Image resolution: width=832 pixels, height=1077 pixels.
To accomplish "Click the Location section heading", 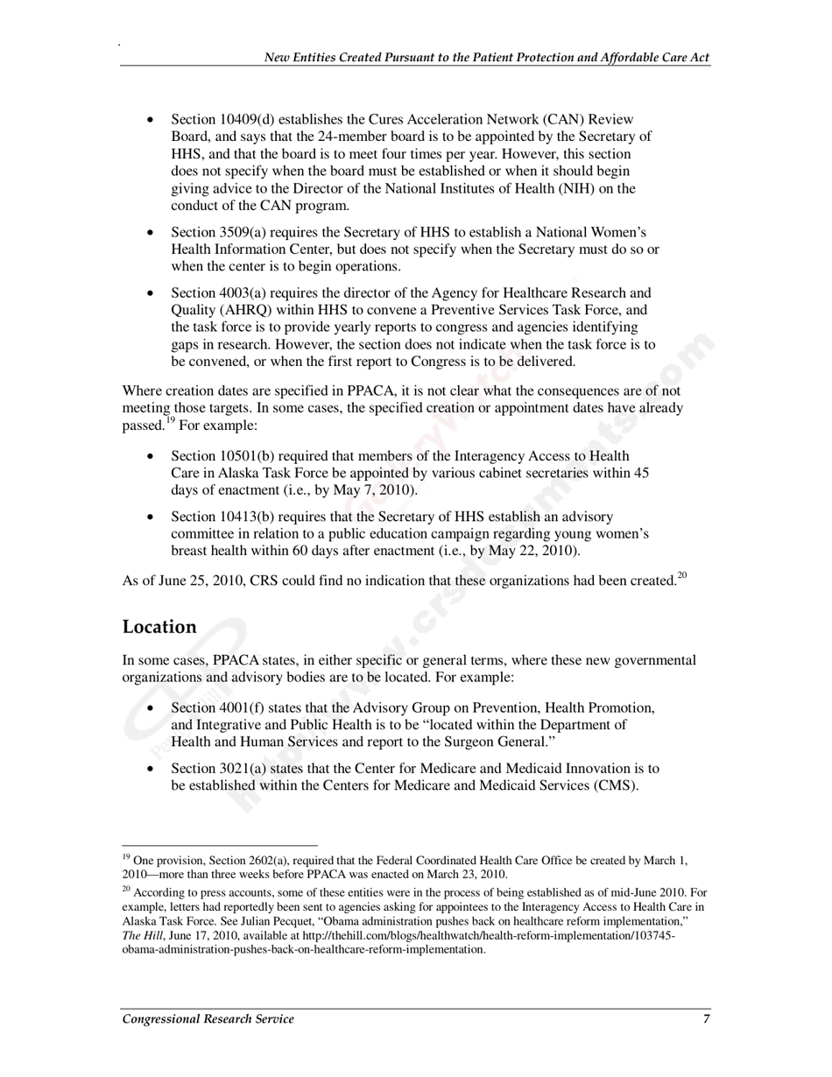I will point(159,627).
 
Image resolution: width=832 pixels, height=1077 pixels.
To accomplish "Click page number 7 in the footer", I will point(706,1018).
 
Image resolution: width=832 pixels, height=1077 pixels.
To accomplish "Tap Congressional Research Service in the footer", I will point(208,1018).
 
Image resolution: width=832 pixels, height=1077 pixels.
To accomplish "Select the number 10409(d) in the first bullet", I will point(248,119).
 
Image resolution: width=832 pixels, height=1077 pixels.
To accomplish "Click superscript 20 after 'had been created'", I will point(681,575).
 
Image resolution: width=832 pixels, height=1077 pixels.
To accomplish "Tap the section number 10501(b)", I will point(248,456).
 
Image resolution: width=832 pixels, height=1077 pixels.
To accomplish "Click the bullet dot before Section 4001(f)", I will point(152,707).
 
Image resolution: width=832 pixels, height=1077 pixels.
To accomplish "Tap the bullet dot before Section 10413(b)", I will point(152,517).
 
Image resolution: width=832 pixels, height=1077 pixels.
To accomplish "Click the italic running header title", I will point(487,57).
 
